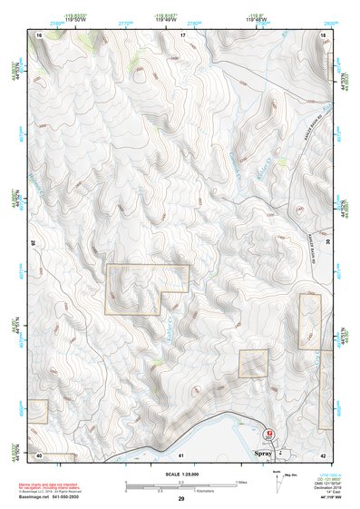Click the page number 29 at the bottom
click(x=181, y=499)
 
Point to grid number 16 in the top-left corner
click(x=39, y=34)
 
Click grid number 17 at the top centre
click(x=182, y=34)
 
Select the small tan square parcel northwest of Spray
click(x=254, y=363)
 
